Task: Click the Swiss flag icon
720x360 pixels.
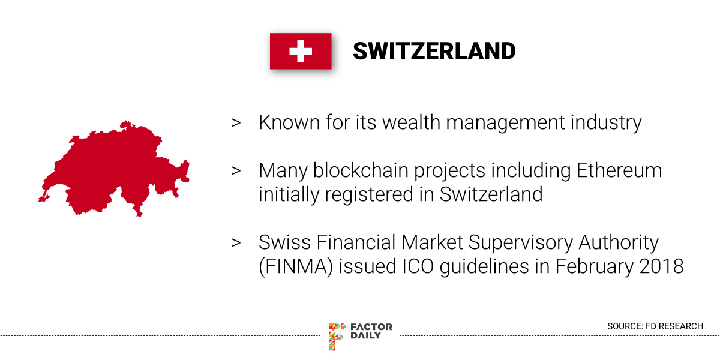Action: [x=301, y=51]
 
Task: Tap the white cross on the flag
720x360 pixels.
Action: [x=301, y=51]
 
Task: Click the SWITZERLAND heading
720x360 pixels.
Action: [x=434, y=52]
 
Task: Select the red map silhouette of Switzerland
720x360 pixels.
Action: [x=114, y=169]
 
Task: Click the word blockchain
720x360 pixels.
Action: [x=361, y=170]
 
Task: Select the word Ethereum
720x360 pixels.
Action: [x=619, y=170]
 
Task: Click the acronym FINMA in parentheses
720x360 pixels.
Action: [x=296, y=267]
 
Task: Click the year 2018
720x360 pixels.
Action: [x=661, y=267]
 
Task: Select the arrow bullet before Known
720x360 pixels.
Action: [x=236, y=123]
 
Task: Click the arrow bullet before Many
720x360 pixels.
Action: [x=236, y=170]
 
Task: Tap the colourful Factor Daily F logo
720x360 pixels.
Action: [x=337, y=336]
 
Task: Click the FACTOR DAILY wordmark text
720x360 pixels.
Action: [x=371, y=331]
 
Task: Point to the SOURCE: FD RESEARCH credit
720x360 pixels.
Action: [x=655, y=326]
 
